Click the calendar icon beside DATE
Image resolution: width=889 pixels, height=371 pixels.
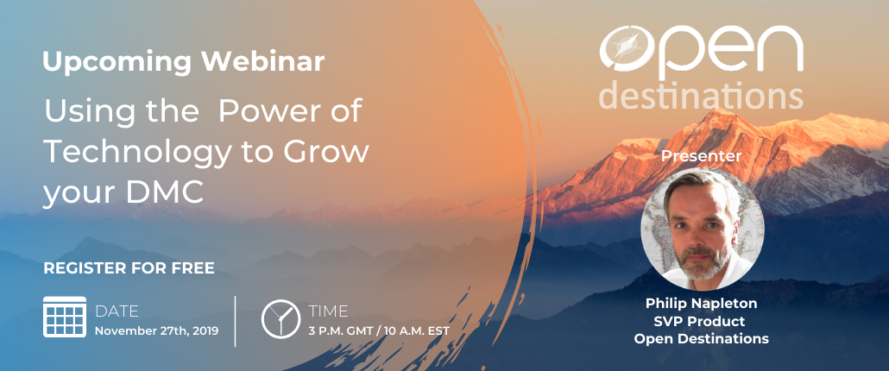coord(65,317)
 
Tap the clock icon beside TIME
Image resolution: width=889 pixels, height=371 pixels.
coord(281,319)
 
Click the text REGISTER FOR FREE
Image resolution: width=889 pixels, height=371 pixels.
coord(129,268)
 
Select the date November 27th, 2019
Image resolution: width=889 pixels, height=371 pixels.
coord(156,331)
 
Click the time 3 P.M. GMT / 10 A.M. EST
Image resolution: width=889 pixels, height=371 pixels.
coord(379,330)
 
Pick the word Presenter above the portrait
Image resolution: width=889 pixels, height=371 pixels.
coord(702,156)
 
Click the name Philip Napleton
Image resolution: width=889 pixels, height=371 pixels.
coord(702,303)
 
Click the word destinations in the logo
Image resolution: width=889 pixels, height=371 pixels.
coord(702,95)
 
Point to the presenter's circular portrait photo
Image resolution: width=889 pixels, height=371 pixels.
coord(703,227)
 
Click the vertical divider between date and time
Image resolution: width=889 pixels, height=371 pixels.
coord(236,321)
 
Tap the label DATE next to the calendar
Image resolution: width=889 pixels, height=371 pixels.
coord(117,311)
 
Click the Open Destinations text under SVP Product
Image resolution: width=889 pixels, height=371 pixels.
coord(702,339)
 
